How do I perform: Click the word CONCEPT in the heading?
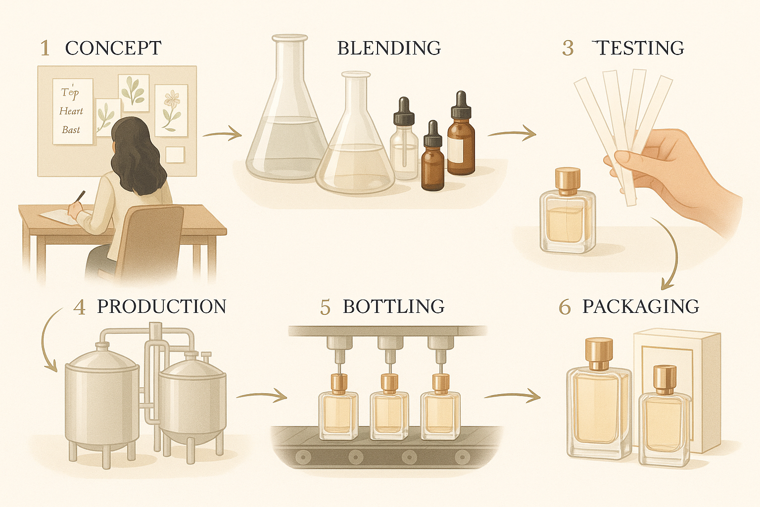tap(113, 48)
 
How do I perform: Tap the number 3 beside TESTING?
tap(568, 49)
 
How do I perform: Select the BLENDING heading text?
tap(389, 48)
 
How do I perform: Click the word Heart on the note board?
tap(71, 111)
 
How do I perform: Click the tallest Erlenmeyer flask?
tap(287, 114)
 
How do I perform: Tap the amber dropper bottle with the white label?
tap(461, 139)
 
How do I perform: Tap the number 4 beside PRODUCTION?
tap(79, 307)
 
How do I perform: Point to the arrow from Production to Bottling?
tap(261, 395)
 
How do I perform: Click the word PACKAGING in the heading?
tap(640, 306)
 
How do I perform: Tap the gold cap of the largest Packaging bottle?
tap(599, 353)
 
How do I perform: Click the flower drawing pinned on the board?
tap(171, 110)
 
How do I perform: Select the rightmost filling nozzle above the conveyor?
tap(440, 354)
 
